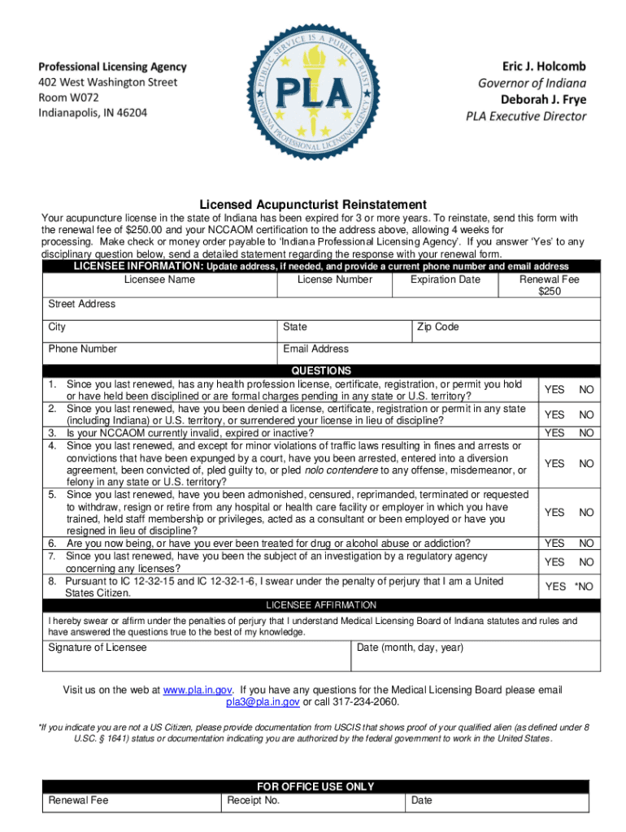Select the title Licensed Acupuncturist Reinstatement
coord(313,204)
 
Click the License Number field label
coord(335,279)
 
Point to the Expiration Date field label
coord(445,279)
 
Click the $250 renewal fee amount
coord(550,292)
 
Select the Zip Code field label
coord(437,327)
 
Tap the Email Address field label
coord(315,349)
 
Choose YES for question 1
coord(554,390)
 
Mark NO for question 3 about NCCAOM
coord(586,433)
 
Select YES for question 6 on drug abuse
coord(554,543)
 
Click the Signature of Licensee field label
coord(98,648)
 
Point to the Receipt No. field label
coord(254,800)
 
